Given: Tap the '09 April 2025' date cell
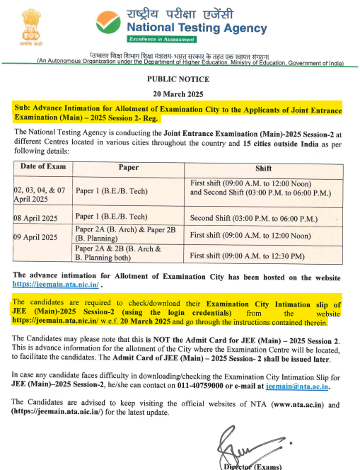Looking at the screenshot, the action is coord(39,236).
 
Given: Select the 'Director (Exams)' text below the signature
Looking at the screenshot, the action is coord(251,466).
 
